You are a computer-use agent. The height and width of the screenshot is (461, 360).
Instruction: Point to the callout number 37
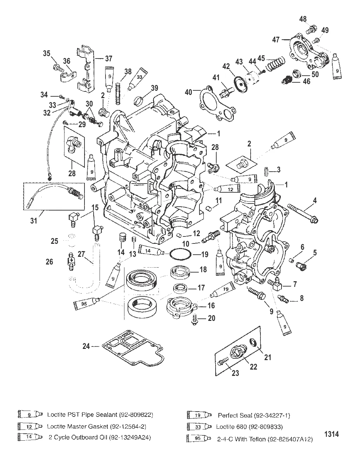coord(109,58)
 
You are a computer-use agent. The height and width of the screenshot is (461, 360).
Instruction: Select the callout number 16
coord(211,305)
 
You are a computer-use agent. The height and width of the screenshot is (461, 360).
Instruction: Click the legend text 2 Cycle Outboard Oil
coord(100,438)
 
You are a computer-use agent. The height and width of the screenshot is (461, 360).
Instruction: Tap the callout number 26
coord(49,262)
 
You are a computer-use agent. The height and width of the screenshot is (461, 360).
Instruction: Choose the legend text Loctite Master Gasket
coord(96,426)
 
